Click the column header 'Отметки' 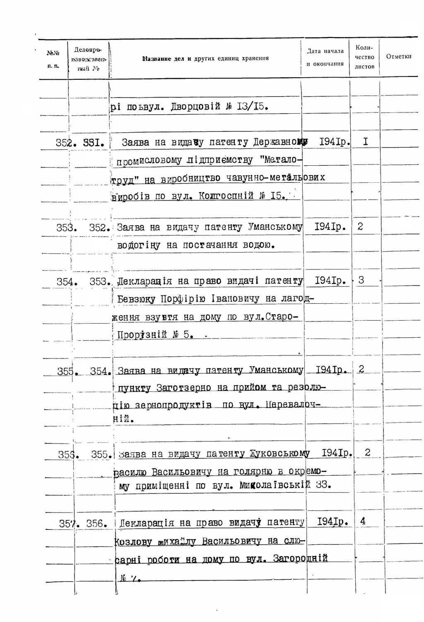pyautogui.click(x=398, y=56)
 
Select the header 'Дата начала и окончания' pyautogui.click(x=325, y=57)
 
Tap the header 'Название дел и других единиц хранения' pyautogui.click(x=205, y=58)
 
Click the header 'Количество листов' pyautogui.click(x=365, y=57)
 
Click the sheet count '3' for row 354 pyautogui.click(x=361, y=280)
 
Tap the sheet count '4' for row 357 pyautogui.click(x=363, y=521)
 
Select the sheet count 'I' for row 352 pyautogui.click(x=365, y=142)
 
